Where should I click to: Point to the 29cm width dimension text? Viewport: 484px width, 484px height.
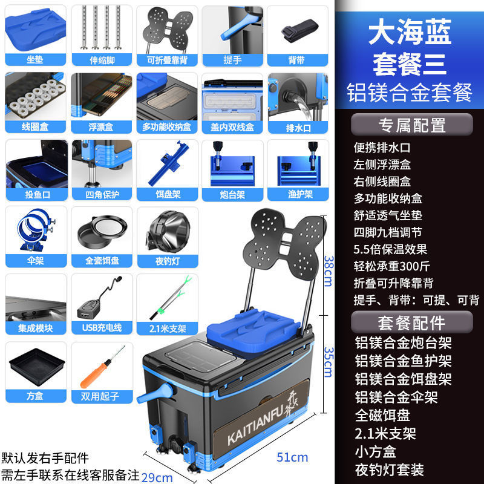pos(157,477)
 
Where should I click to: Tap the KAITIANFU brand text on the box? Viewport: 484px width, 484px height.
pos(250,434)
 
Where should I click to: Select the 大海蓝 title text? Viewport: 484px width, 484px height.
pos(410,33)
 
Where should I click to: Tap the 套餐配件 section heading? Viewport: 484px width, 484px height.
pos(412,321)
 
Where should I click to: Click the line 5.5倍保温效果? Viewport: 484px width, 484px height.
pos(390,249)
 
